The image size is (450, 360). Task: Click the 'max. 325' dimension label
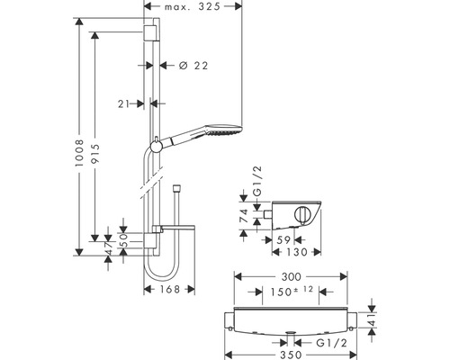point(193,6)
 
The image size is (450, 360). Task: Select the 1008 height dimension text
point(79,153)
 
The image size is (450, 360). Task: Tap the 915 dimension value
point(94,154)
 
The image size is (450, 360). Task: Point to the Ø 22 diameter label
point(193,66)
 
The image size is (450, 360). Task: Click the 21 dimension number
point(123,103)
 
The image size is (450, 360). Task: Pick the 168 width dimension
point(169,289)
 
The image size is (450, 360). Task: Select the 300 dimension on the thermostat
point(291,276)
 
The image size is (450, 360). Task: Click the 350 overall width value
point(291,355)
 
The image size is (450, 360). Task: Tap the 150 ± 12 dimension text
point(292,291)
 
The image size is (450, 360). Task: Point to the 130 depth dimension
point(296,252)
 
